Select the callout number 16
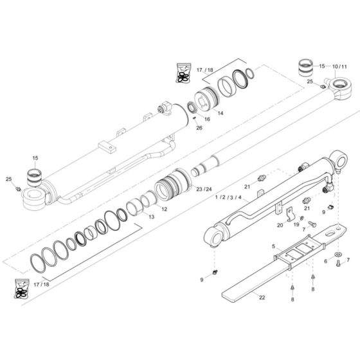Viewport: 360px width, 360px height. pos(208,120)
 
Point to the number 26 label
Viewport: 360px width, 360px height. pos(199,128)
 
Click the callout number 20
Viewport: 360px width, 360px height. pos(280,225)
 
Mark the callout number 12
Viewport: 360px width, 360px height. pos(164,210)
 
